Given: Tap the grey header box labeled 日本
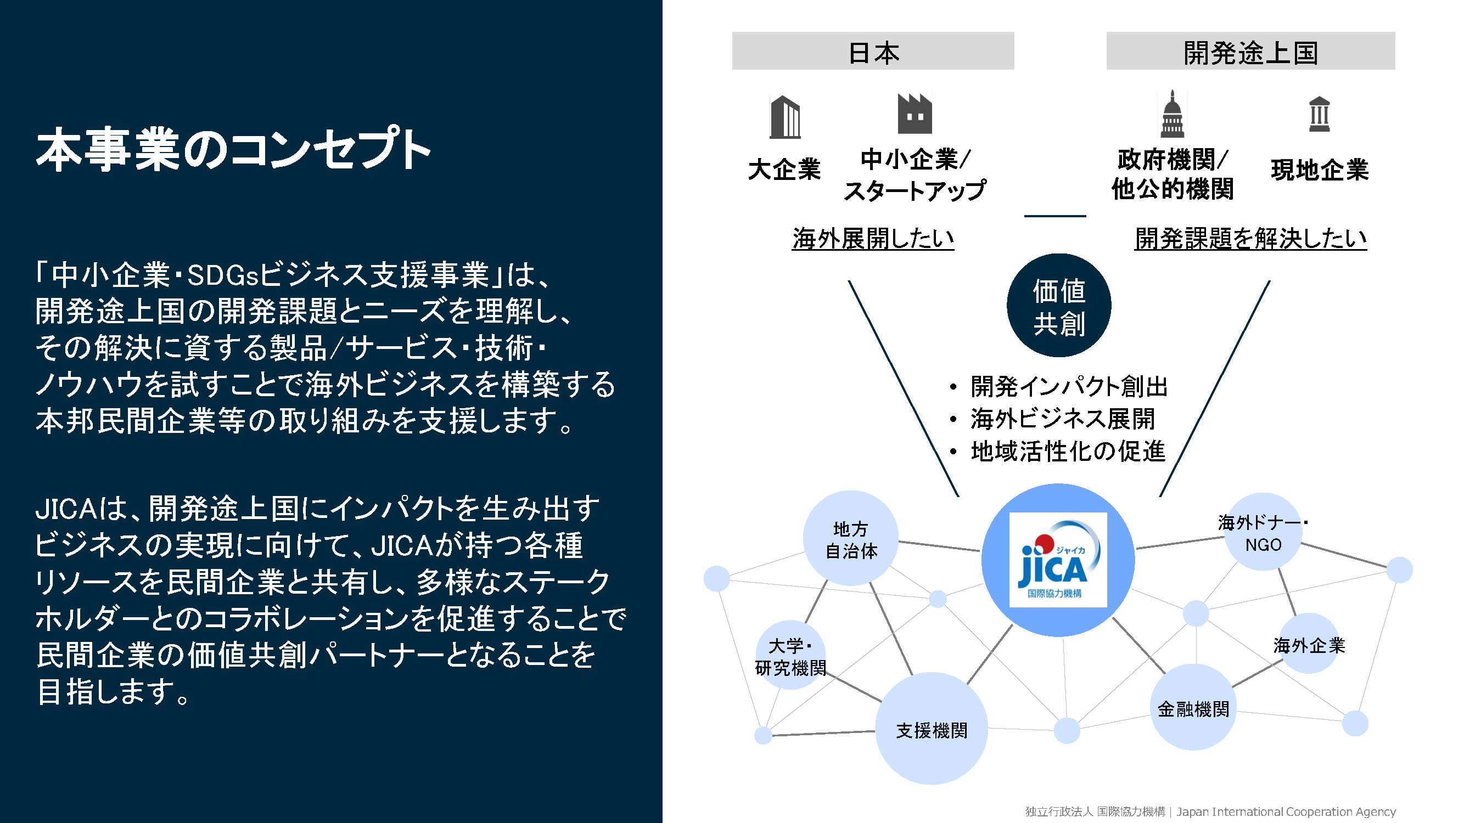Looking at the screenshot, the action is point(872,50).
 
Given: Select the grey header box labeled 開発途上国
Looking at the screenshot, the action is point(1250,50).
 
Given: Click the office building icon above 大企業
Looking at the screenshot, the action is point(785,117).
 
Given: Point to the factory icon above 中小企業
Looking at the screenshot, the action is point(915,114).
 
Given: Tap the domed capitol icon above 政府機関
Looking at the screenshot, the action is point(1172,114).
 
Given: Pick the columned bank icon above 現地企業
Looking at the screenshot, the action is point(1319,114).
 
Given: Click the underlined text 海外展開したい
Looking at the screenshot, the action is point(873,239).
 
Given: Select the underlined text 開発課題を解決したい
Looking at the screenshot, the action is point(1250,239).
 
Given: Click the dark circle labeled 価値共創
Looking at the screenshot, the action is point(1059,306).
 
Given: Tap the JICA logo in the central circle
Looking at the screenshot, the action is point(1058,560).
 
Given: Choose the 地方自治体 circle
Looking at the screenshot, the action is point(851,538).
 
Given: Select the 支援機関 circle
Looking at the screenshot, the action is point(932,729).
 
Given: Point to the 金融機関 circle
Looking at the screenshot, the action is point(1193,708).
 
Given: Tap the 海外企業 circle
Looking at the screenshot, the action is point(1309,644).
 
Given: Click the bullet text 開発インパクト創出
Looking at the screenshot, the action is point(1069,387).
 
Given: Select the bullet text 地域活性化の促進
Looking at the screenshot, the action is point(1068,452).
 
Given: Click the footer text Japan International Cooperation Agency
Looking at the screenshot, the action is point(1286,811).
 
